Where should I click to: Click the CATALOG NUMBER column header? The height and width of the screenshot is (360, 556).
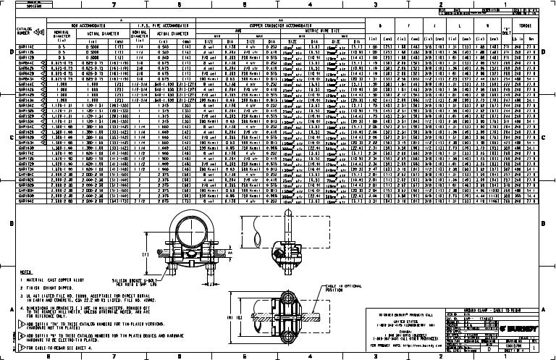tap(26, 32)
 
